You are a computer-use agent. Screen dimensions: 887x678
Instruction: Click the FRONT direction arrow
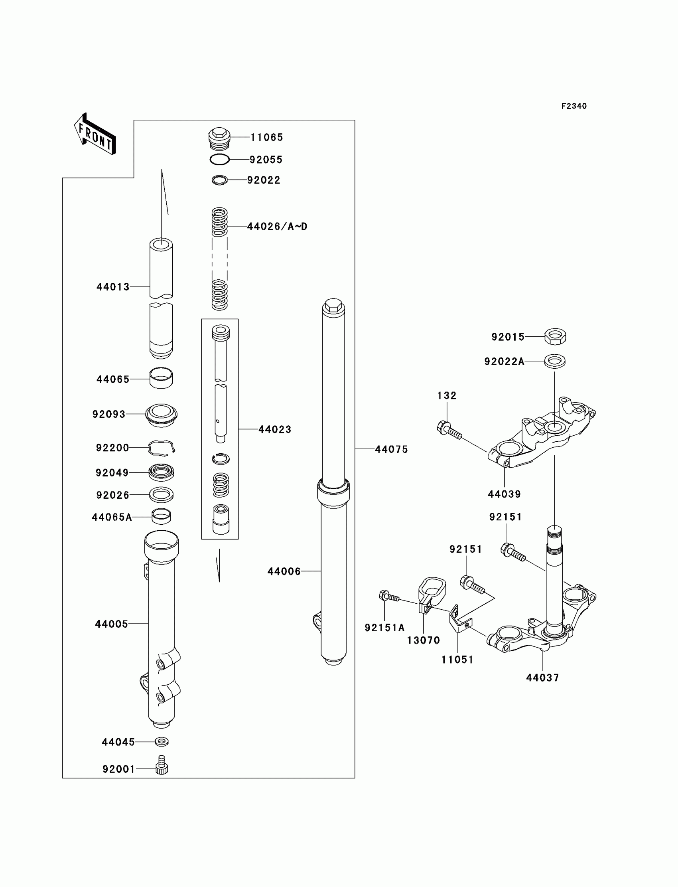click(x=95, y=134)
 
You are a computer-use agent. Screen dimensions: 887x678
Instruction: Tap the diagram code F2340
click(x=574, y=106)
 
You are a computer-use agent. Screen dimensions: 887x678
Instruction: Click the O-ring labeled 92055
click(x=219, y=160)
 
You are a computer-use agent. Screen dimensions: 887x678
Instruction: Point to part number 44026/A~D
click(x=277, y=227)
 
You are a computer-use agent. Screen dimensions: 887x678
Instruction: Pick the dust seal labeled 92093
click(x=161, y=414)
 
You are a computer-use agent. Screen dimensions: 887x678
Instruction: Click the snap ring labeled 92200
click(x=162, y=448)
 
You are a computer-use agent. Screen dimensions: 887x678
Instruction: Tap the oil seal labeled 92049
click(x=161, y=472)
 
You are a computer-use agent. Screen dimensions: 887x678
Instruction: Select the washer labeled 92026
click(x=161, y=494)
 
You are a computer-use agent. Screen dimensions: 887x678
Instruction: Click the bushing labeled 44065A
click(x=161, y=516)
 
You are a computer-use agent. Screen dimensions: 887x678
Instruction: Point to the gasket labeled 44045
click(x=162, y=742)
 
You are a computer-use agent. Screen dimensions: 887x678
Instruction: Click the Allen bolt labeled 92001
click(x=162, y=765)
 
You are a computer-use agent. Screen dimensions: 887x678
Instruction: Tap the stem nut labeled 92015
click(x=555, y=336)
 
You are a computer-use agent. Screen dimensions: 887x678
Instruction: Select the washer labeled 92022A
click(x=554, y=361)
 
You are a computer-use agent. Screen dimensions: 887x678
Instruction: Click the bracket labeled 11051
click(x=459, y=622)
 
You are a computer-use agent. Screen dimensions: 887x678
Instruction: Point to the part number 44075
click(x=391, y=449)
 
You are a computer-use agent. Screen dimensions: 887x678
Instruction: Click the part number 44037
click(x=542, y=678)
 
